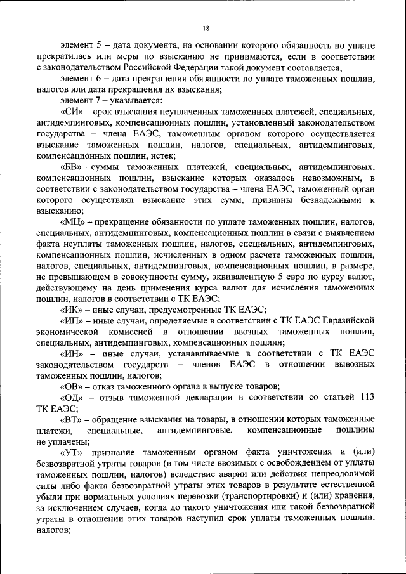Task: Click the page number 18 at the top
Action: click(x=206, y=29)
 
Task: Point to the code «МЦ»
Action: click(x=73, y=221)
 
